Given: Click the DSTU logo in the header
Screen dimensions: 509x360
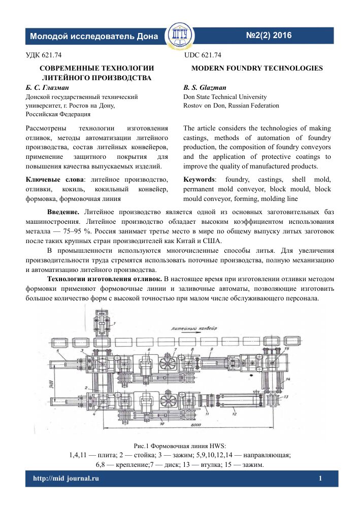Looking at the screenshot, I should click(x=180, y=35).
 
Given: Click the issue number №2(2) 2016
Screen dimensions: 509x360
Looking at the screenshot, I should click(x=269, y=36).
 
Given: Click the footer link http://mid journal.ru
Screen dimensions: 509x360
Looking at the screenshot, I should click(x=66, y=479).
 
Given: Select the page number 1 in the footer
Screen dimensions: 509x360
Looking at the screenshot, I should click(x=320, y=479).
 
